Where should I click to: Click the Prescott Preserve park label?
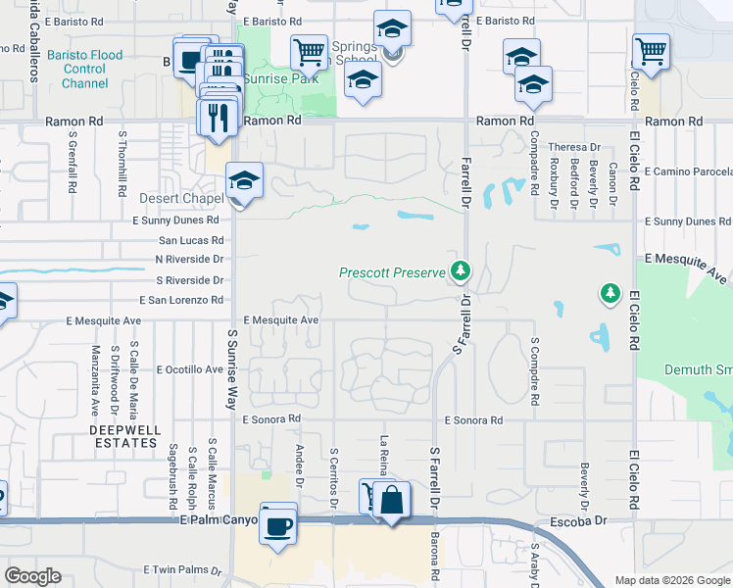click(x=393, y=272)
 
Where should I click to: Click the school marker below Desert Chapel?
click(x=244, y=181)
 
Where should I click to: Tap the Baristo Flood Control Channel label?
click(x=84, y=70)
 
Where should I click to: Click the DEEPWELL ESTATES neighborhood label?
click(x=122, y=436)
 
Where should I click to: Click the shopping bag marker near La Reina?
click(x=391, y=500)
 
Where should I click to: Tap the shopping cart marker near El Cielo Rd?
click(x=651, y=49)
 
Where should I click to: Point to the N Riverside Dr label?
click(x=189, y=260)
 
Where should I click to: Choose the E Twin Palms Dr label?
click(x=188, y=569)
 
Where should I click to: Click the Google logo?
click(x=33, y=576)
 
